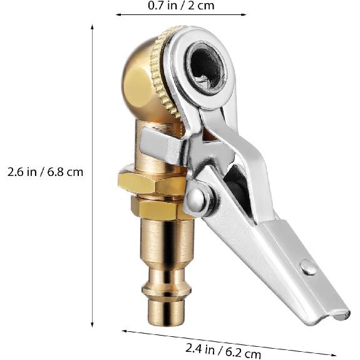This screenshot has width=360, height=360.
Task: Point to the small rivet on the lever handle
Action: pyautogui.click(x=307, y=267)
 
